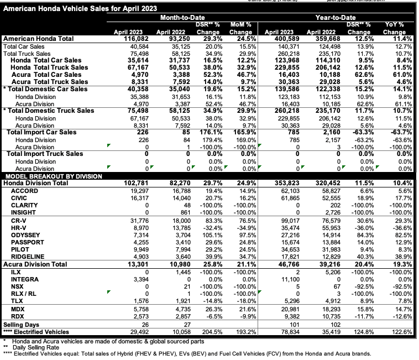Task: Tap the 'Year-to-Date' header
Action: click(334, 18)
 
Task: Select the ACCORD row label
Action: click(24, 190)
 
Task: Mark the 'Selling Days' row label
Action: click(22, 325)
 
